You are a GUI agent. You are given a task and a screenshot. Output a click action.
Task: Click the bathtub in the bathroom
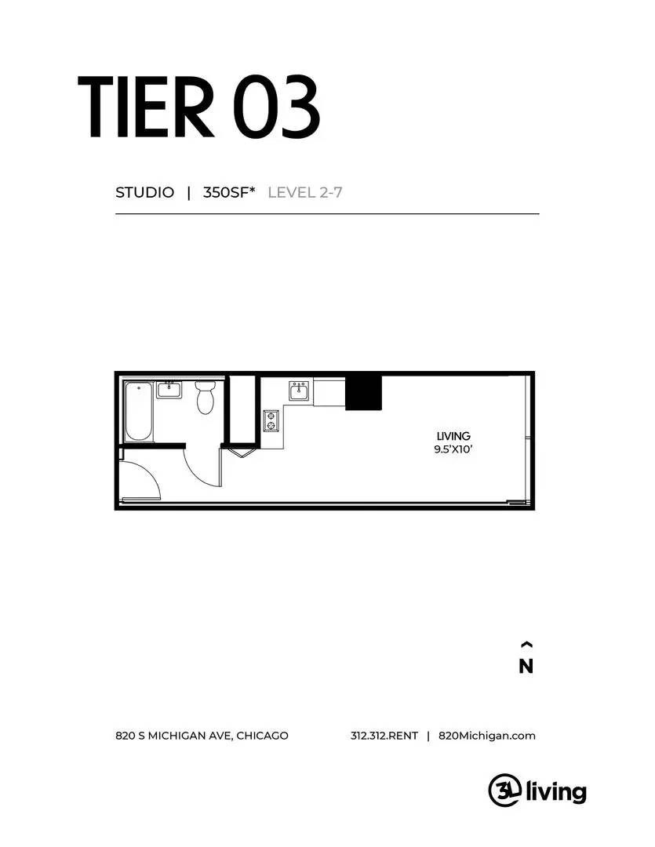pos(140,411)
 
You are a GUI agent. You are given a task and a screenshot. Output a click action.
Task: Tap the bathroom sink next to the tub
pos(169,389)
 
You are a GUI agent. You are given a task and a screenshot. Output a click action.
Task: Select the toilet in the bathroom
pos(206,398)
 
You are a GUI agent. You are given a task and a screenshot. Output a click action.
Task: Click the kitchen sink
pos(299,391)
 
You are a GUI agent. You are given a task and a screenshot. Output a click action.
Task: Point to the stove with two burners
pos(271,420)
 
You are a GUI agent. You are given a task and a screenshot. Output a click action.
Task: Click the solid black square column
pos(363,392)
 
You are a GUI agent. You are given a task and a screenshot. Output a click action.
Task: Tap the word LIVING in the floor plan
pos(453,436)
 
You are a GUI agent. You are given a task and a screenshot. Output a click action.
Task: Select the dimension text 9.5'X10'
pos(453,450)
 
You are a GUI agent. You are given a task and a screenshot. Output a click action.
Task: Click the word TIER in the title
pos(145,107)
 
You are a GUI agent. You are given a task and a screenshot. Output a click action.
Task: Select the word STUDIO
pos(144,192)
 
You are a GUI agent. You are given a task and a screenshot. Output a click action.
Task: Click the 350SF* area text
pos(229,192)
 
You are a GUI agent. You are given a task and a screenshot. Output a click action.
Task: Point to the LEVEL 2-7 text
pos(305,192)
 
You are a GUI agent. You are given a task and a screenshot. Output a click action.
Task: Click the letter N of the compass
pos(526,667)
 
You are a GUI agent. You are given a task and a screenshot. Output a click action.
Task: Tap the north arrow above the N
pos(526,645)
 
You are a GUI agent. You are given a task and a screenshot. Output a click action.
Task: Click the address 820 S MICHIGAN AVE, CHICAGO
pos(202,736)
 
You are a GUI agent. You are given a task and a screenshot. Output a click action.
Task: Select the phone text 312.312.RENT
pos(384,736)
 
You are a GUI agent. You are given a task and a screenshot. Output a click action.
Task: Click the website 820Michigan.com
pos(487,736)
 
